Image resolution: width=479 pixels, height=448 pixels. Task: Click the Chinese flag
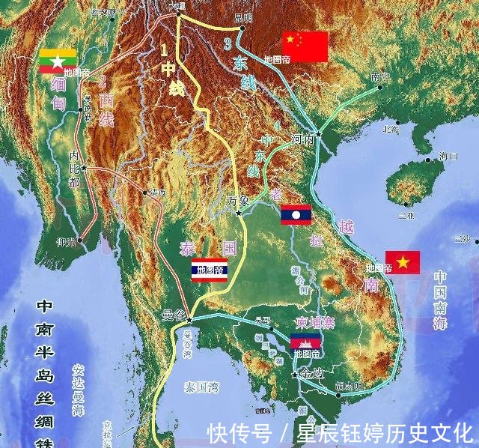(305, 46)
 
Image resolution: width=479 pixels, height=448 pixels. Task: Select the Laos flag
(296, 216)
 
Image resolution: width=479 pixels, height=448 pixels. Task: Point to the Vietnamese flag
(403, 262)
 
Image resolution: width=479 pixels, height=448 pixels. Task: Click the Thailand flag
(210, 270)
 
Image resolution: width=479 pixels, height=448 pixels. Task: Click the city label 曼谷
(174, 315)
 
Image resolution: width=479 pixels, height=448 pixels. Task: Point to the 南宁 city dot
(380, 87)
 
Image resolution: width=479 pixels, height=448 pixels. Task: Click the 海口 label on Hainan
(448, 157)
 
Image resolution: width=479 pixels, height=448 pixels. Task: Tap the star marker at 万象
(239, 214)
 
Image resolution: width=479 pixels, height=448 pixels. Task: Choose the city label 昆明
(244, 16)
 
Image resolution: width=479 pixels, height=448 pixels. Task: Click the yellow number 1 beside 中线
(164, 52)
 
